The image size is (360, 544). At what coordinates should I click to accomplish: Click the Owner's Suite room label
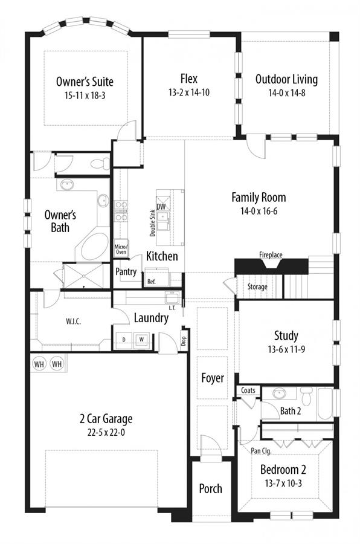[85, 82]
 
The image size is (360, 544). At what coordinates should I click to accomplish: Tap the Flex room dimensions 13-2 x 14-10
[189, 92]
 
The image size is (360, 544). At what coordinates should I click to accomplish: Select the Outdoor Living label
[286, 79]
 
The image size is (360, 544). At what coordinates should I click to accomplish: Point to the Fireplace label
[271, 255]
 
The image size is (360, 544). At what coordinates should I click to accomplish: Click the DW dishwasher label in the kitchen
[161, 207]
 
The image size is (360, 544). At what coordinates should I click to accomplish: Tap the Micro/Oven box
[121, 249]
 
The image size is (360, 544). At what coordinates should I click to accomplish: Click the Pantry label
[126, 271]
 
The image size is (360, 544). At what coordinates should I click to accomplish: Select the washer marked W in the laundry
[141, 339]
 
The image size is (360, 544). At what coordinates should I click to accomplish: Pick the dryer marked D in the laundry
[124, 339]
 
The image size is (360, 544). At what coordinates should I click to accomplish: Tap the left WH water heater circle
[39, 364]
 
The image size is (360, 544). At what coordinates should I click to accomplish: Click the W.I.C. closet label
[73, 322]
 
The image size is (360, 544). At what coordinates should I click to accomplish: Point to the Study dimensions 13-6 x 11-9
[286, 349]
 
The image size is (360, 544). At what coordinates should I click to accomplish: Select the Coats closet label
[248, 390]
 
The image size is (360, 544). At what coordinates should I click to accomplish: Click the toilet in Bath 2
[307, 396]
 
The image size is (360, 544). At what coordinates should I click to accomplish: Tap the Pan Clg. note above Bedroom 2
[261, 451]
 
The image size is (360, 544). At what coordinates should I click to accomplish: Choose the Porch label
[211, 488]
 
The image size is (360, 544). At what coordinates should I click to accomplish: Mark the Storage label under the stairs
[257, 287]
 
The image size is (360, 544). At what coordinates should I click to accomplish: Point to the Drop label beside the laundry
[184, 341]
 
